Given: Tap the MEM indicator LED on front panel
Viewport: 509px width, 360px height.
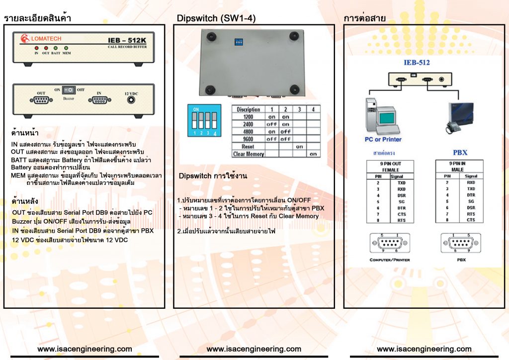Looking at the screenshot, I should tap(66, 48).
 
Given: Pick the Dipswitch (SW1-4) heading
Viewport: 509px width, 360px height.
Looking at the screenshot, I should tap(216, 18).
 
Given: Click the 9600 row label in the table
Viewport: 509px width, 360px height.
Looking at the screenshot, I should tap(248, 139).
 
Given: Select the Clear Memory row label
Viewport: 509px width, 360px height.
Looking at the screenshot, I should tap(248, 154).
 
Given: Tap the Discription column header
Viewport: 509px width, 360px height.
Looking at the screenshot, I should tap(248, 109).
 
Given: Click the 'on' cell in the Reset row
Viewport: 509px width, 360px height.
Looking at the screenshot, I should tap(299, 147).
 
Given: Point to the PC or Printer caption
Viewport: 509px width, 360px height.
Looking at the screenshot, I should tap(383, 140).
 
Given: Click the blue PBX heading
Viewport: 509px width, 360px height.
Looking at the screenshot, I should tap(460, 152).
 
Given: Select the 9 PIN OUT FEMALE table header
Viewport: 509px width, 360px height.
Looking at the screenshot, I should tap(390, 167).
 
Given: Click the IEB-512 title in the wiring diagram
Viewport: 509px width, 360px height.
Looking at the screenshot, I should tap(417, 63).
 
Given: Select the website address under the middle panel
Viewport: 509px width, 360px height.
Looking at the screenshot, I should tap(254, 349).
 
